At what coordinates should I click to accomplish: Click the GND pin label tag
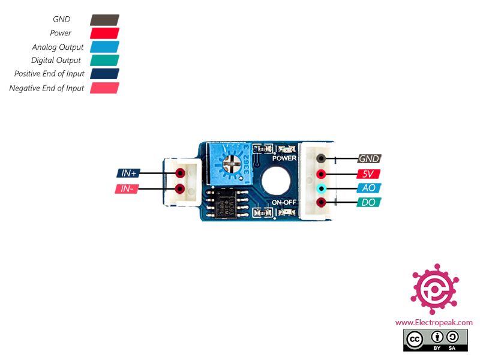[x=369, y=158]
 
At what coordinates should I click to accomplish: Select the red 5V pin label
[x=368, y=174]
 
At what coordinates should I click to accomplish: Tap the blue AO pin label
[x=369, y=188]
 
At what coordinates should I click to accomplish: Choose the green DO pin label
[x=368, y=202]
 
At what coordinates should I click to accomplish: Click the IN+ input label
[x=128, y=173]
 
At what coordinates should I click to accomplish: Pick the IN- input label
[x=127, y=189]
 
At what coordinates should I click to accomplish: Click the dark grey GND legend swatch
[x=104, y=20]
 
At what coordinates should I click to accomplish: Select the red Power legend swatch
[x=104, y=34]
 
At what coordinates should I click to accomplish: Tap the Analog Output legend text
[x=58, y=47]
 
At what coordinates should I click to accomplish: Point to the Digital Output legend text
[x=56, y=61]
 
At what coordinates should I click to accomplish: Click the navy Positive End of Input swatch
[x=104, y=74]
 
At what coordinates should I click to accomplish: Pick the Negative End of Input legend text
[x=47, y=88]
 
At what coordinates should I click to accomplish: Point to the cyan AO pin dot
[x=321, y=188]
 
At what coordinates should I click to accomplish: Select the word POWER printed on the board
[x=284, y=158]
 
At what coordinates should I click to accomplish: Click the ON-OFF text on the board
[x=284, y=202]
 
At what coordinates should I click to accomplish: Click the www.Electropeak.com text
[x=434, y=323]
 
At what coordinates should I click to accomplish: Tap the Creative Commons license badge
[x=436, y=340]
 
